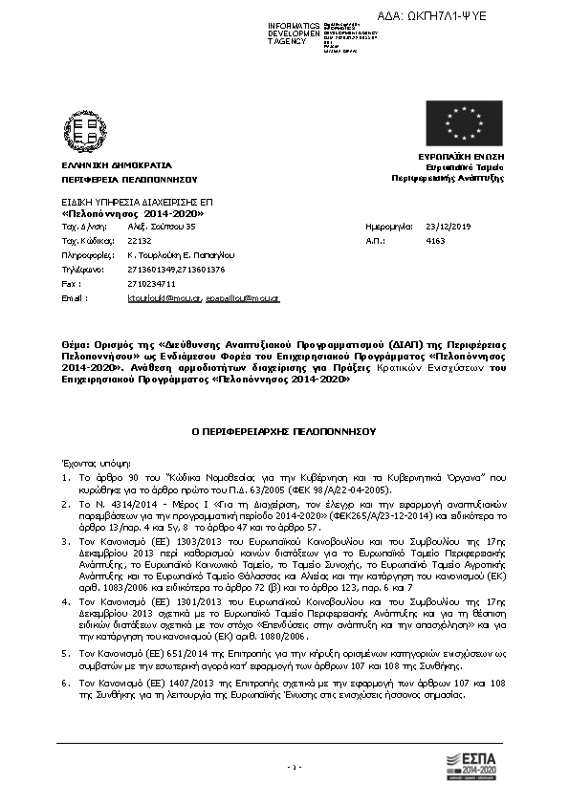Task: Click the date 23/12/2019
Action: [x=447, y=228]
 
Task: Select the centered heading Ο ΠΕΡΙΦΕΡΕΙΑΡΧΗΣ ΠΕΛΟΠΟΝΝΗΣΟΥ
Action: [x=284, y=431]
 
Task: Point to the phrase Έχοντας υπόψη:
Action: [x=87, y=460]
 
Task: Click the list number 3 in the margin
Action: [x=64, y=540]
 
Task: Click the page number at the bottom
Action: [x=295, y=767]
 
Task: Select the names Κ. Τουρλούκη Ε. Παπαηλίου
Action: [x=181, y=255]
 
